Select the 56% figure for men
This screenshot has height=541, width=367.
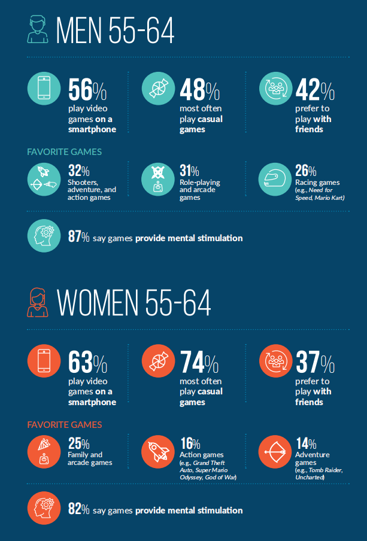tap(87, 90)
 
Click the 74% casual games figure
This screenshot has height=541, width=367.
tap(199, 363)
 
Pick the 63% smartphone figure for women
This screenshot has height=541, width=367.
tap(87, 363)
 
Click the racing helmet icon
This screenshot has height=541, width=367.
tap(274, 178)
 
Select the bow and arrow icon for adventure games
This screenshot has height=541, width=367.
tap(274, 451)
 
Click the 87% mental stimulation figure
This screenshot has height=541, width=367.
tap(78, 238)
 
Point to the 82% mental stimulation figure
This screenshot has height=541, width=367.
tap(78, 510)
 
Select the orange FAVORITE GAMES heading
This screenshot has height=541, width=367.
tap(65, 425)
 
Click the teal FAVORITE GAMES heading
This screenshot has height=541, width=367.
tap(65, 152)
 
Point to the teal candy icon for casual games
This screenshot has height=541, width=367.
tap(158, 89)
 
